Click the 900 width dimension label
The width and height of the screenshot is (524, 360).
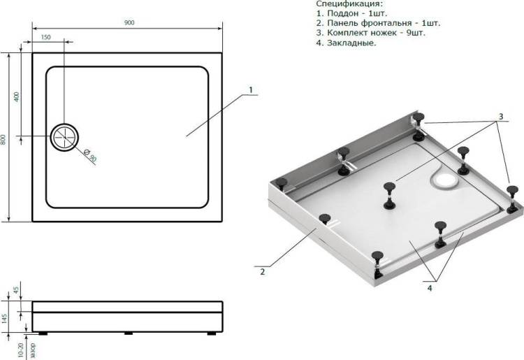(x=129, y=22)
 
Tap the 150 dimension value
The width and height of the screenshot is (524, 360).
(x=46, y=37)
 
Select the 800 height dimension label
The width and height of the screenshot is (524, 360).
(x=3, y=139)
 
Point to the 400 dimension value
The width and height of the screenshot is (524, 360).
(x=17, y=97)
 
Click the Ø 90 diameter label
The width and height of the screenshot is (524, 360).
(x=90, y=155)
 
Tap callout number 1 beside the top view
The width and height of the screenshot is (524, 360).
(x=250, y=89)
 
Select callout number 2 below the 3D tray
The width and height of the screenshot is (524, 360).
(x=262, y=272)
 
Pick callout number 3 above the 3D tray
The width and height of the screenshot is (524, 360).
(x=501, y=116)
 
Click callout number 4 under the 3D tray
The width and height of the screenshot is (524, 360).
(x=430, y=288)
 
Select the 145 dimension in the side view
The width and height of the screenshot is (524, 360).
(x=4, y=318)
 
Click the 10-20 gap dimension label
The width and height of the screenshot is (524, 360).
(x=21, y=351)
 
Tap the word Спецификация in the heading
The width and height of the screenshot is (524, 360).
(x=349, y=3)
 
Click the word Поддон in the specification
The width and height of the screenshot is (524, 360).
(x=343, y=13)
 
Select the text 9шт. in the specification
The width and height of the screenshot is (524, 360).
(x=416, y=33)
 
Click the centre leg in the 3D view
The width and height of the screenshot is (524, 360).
(x=389, y=196)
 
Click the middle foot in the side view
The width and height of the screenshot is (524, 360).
(x=129, y=333)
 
